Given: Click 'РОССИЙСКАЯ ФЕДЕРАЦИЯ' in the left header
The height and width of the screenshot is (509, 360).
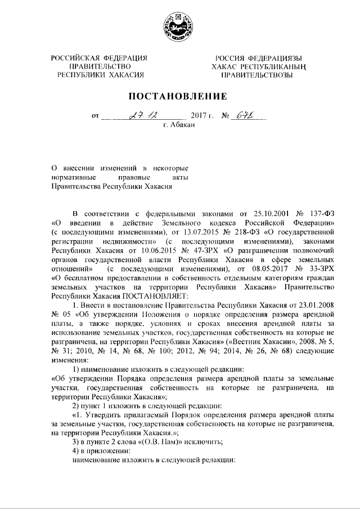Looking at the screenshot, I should [99, 58].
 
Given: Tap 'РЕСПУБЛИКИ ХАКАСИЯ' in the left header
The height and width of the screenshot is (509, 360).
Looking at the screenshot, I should [99, 74].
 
